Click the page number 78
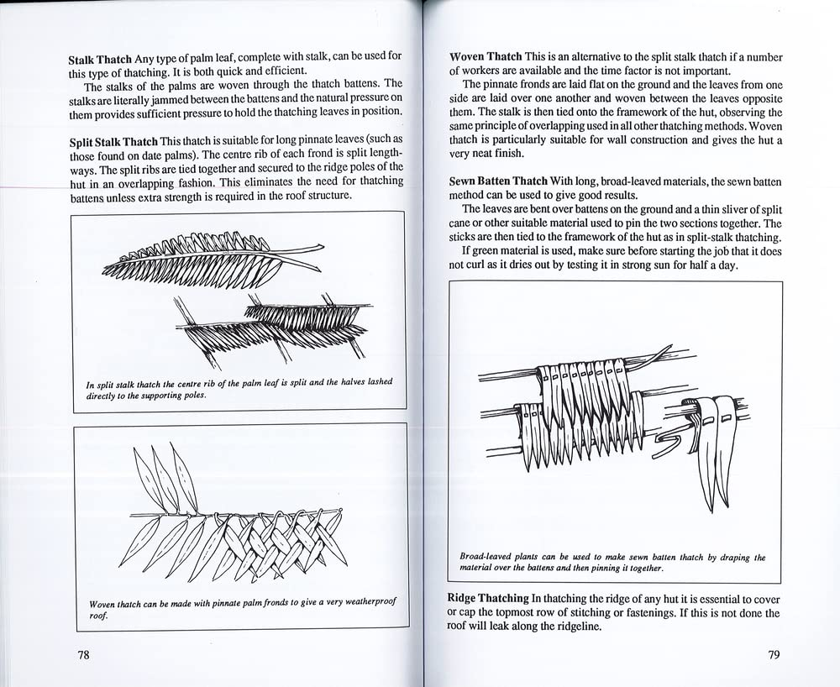point(78,656)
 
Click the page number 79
point(774,656)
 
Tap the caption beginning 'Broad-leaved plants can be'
point(612,563)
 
